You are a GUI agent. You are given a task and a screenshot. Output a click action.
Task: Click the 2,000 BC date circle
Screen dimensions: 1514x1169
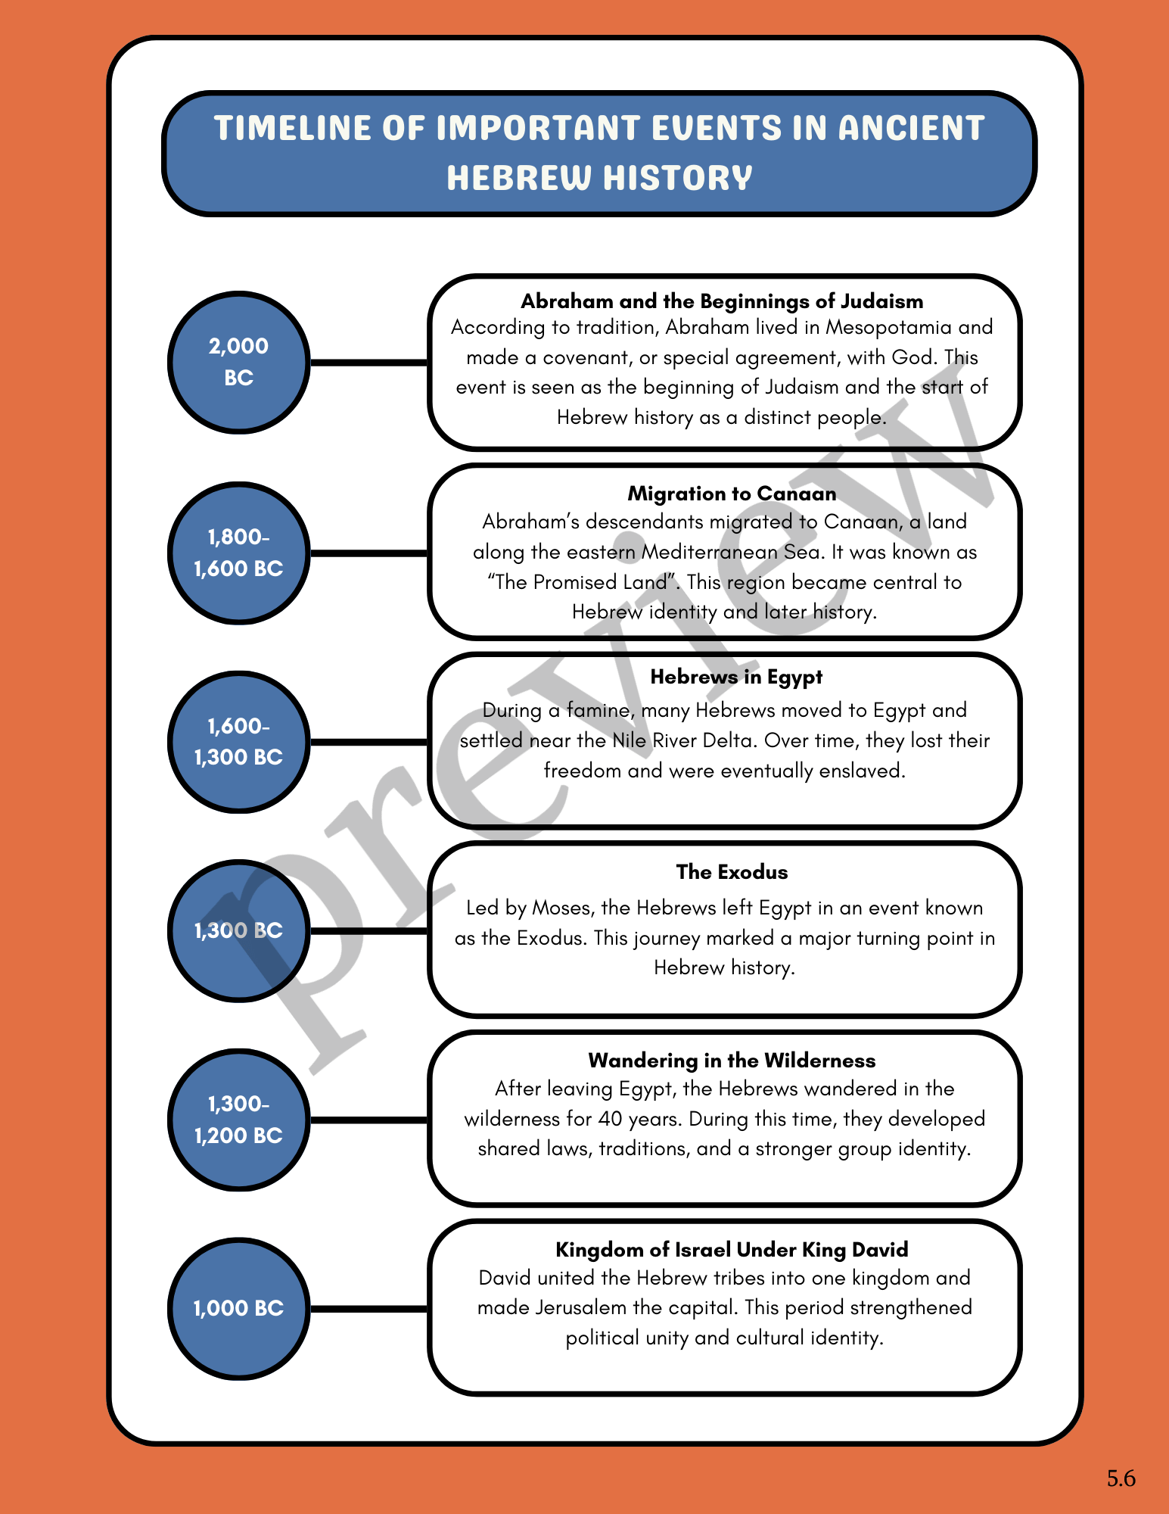click(238, 362)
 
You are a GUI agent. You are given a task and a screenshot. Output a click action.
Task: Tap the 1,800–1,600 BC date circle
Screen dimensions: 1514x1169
click(238, 553)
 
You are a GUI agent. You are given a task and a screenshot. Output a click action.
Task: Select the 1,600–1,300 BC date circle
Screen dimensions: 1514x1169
click(238, 742)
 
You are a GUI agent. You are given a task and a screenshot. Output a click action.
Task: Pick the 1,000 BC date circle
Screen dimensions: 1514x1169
click(238, 1308)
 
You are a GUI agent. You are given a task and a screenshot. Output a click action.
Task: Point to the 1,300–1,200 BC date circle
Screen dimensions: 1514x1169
click(238, 1120)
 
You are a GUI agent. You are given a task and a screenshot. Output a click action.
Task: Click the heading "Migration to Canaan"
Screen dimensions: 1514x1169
click(732, 494)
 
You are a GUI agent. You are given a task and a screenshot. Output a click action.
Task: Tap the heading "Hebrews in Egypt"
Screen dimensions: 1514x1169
click(735, 677)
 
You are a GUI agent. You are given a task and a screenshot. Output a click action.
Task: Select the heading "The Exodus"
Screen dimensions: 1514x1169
click(732, 872)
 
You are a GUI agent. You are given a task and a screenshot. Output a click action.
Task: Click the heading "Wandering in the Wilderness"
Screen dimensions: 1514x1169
click(732, 1061)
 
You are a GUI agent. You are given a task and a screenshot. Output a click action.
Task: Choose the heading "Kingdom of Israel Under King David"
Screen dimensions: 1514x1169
click(732, 1250)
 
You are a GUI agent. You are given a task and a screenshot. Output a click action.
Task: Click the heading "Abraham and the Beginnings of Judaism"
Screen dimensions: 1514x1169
click(722, 301)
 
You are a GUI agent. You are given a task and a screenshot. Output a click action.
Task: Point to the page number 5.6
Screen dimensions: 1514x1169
click(1121, 1478)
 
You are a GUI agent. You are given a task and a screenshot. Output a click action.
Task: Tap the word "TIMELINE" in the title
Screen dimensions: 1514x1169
click(293, 128)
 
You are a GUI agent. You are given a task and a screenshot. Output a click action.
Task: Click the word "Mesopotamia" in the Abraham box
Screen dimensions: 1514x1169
click(888, 327)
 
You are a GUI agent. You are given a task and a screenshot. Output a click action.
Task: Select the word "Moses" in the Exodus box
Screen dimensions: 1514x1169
click(561, 908)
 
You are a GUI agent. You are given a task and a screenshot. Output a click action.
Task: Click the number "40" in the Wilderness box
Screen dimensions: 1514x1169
click(610, 1119)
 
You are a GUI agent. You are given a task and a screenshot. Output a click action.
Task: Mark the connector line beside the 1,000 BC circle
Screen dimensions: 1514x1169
click(369, 1308)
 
